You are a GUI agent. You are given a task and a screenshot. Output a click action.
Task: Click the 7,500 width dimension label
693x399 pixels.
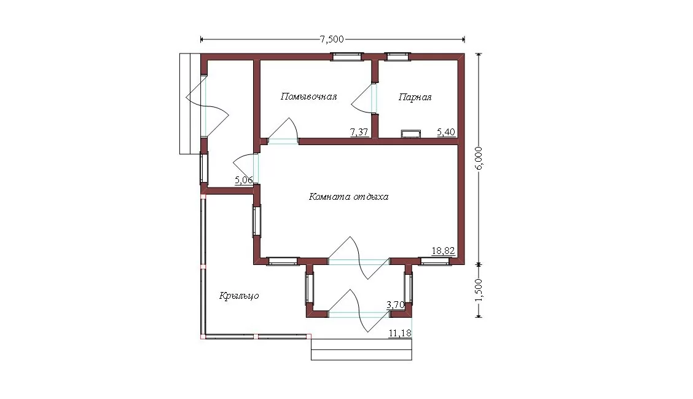[332, 39]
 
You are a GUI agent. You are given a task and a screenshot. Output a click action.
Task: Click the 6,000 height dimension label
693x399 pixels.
[480, 158]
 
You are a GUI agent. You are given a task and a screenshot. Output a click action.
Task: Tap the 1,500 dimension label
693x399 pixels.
[480, 290]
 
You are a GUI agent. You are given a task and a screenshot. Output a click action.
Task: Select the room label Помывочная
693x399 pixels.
[308, 97]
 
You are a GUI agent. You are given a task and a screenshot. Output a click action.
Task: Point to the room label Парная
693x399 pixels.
[415, 97]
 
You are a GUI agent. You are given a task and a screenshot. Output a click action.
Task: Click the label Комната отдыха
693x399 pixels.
[348, 196]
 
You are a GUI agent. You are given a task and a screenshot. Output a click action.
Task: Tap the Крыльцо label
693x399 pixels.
[239, 296]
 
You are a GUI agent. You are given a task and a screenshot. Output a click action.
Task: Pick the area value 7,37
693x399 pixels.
[359, 132]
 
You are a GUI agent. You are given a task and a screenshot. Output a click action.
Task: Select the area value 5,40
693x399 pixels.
[446, 132]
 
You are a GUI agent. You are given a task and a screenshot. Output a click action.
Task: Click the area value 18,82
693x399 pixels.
[444, 251]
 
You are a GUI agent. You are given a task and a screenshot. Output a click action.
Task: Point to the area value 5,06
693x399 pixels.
[243, 180]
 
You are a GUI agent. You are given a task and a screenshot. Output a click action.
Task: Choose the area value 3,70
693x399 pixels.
[395, 305]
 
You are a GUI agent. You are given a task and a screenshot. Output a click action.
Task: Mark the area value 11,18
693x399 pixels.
[400, 333]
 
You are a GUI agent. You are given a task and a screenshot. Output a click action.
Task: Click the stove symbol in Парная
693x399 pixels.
[410, 133]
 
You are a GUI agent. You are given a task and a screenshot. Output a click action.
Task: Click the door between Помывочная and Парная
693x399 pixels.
[364, 98]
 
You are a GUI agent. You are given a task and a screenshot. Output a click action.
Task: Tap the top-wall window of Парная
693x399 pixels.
[397, 56]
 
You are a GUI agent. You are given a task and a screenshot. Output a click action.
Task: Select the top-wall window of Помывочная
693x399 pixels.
[347, 56]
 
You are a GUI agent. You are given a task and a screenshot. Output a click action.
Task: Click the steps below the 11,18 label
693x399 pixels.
[361, 349]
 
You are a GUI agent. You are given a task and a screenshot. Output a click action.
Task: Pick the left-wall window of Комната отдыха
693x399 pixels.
[257, 221]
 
